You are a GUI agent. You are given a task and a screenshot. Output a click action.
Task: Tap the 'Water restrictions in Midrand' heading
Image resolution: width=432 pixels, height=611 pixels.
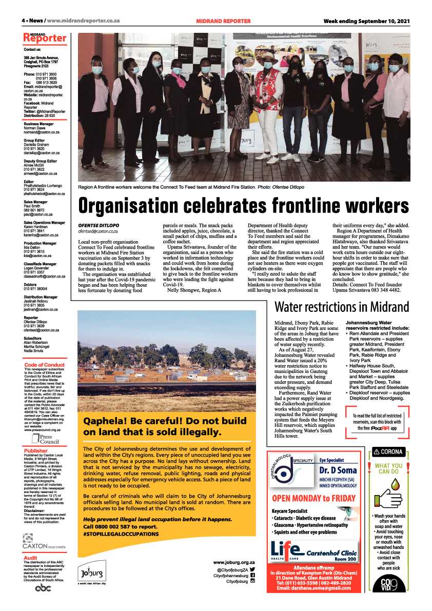(342, 307)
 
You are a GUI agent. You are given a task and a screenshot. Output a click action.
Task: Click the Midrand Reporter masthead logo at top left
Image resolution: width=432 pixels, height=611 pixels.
(45, 37)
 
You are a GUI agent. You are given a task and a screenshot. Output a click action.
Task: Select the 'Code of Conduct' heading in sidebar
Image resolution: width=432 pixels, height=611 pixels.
(44, 365)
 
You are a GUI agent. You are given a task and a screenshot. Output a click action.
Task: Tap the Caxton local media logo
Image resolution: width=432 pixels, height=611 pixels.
(44, 542)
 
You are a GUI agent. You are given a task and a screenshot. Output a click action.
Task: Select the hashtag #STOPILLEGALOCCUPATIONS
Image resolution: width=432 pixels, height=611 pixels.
(121, 534)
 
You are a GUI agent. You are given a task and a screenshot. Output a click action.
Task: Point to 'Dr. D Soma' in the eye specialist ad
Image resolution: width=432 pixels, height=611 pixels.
(338, 470)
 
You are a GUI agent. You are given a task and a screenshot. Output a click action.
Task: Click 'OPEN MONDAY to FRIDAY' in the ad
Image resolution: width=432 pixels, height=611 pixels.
(313, 498)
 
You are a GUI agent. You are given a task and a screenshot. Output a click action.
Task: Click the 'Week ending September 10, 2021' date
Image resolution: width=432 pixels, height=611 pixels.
(366, 21)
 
